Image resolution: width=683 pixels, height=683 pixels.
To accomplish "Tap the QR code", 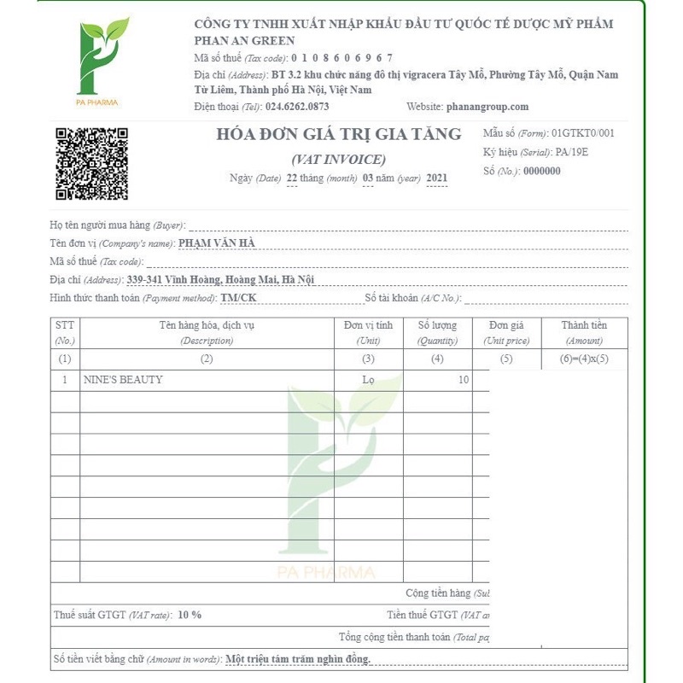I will pos(91,163).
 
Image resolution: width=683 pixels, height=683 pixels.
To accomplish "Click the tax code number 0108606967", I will pos(341,58).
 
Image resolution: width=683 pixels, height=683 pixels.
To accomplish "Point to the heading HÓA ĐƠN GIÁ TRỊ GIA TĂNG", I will pos(339,134).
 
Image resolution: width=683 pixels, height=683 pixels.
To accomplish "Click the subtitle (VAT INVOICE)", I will pos(339,159).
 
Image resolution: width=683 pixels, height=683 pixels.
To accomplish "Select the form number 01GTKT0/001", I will pos(583,133).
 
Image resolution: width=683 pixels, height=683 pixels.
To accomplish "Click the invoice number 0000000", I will pos(541,171).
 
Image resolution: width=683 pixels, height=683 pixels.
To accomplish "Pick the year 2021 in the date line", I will pos(436,178).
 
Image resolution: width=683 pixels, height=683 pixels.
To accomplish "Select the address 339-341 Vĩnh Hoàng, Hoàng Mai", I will pos(220,279).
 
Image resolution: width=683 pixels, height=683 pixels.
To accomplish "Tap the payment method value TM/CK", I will pos(238,297).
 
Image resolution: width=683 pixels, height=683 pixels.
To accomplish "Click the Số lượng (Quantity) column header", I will pos(437,332).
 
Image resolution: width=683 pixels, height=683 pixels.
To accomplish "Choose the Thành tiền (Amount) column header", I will pos(584,332).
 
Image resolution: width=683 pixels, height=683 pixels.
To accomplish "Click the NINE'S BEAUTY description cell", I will pos(123,380).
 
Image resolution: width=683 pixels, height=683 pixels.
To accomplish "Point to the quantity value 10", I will pos(463,380).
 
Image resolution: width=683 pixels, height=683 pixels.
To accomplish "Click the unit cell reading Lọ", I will pos(368,380).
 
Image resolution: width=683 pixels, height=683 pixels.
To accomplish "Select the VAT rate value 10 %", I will pos(190,615).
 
